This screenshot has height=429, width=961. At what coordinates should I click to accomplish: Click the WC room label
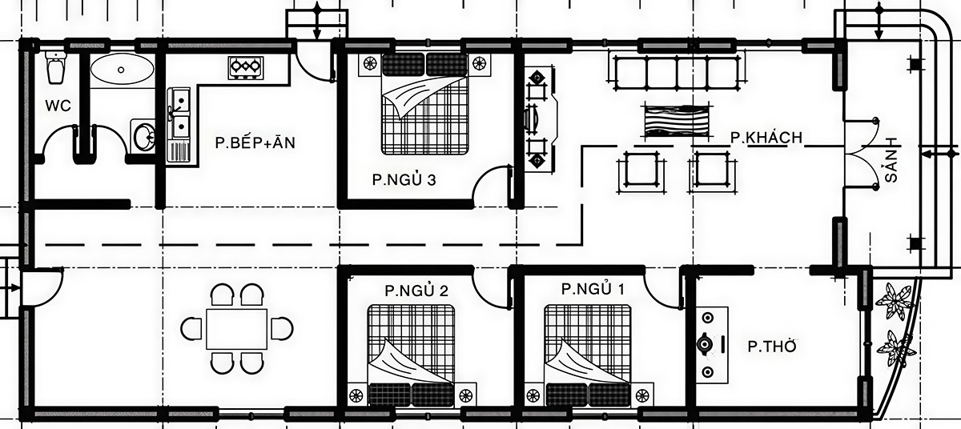(x=58, y=106)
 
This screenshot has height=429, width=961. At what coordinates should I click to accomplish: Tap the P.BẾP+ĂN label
(x=255, y=142)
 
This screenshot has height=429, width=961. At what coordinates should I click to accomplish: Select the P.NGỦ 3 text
(x=404, y=180)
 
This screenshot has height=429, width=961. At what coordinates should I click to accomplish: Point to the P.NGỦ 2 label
(x=416, y=291)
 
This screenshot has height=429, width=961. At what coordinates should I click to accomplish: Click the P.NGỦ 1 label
(x=593, y=289)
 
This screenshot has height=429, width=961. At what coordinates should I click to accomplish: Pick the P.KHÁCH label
(x=766, y=138)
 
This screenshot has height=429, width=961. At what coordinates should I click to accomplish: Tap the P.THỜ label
(x=772, y=347)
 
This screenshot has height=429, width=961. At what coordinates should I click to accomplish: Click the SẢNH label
(x=891, y=159)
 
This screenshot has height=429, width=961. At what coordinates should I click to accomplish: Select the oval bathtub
(x=123, y=70)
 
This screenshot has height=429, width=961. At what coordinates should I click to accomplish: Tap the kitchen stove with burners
(x=246, y=67)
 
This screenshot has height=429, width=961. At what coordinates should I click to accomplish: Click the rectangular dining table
(x=237, y=329)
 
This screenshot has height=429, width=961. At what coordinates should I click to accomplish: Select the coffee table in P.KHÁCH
(x=675, y=121)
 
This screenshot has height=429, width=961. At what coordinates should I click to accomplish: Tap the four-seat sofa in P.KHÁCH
(x=676, y=72)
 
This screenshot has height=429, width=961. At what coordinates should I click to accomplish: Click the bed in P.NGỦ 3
(x=424, y=104)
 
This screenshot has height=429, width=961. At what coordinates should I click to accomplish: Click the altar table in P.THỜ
(x=712, y=343)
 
